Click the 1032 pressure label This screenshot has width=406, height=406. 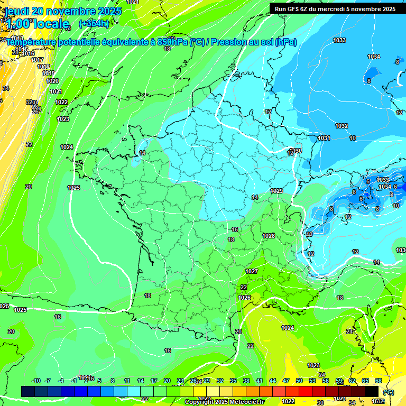tap(342, 126)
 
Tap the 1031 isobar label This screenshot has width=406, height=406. tap(324, 138)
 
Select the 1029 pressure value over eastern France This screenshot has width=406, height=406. tap(276, 191)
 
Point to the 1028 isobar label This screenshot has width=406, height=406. tap(269, 236)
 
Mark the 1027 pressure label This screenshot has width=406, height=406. tap(252, 271)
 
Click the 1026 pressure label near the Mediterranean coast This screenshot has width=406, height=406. tap(244, 298)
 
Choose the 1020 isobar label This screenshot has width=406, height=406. tap(52, 81)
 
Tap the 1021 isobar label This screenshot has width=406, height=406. tap(56, 91)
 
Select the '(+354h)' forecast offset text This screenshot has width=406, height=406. tap(94, 23)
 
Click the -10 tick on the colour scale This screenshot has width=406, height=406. tap(36, 381)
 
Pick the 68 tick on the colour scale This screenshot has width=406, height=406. tap(379, 381)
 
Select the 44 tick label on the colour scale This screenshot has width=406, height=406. tap(273, 381)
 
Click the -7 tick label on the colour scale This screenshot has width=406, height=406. tap(48, 381)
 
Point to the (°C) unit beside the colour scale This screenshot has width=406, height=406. tap(389, 392)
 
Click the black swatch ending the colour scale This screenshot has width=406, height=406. tap(372, 391)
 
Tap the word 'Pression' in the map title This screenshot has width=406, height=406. tap(229, 42)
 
